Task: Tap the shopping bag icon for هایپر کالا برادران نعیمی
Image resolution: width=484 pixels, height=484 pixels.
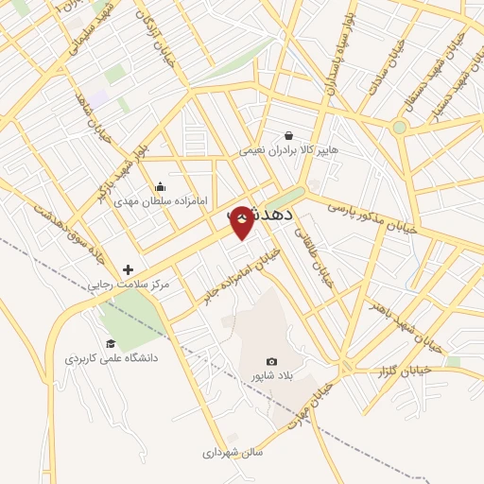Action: (x=288, y=135)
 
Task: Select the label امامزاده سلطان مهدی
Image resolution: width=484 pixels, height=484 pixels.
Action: (x=154, y=200)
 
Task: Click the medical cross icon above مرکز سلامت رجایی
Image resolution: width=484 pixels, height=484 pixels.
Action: (x=128, y=270)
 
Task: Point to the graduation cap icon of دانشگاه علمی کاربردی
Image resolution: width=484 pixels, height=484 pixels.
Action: (x=111, y=343)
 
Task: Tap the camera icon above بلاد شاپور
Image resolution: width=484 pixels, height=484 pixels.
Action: (x=272, y=361)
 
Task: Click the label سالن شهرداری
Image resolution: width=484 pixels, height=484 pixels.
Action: (x=233, y=453)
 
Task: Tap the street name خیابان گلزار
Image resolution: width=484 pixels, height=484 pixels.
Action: (x=405, y=370)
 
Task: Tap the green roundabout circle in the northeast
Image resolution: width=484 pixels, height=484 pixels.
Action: (x=399, y=127)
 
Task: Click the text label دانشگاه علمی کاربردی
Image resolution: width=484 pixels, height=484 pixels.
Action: (x=112, y=358)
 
